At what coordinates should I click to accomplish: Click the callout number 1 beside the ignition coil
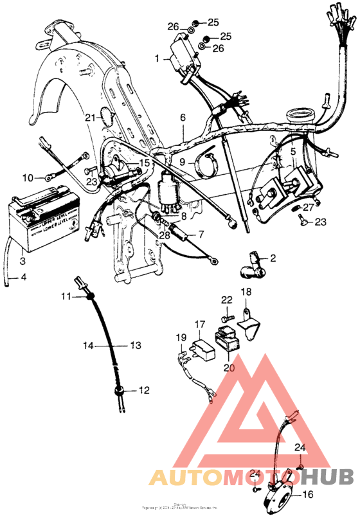coord(156,58)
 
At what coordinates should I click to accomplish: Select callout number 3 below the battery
coord(23,261)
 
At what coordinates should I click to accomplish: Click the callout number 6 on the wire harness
coord(183,118)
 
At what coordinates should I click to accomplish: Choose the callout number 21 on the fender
coord(91,117)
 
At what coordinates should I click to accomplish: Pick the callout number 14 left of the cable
coord(86,345)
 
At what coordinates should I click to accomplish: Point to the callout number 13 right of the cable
coord(136,345)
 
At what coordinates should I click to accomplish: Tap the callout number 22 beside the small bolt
coord(226,299)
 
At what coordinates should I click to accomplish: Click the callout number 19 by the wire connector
coord(181,337)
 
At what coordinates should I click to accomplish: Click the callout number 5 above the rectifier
coord(292,152)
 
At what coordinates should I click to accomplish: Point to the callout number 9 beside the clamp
coord(182,162)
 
